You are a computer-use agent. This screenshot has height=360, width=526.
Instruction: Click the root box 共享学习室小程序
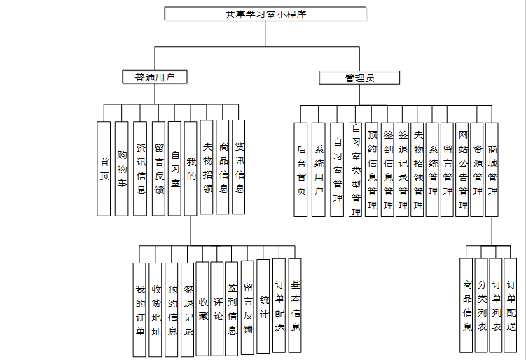tap(265, 14)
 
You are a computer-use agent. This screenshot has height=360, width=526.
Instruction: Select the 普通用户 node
tap(155, 77)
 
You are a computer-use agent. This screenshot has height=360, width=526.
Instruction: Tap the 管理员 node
tap(359, 78)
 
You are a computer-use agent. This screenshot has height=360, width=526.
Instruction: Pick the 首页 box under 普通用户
tap(104, 168)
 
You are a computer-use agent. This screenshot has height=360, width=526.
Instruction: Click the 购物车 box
tap(122, 168)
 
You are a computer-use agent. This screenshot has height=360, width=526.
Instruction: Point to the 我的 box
tap(191, 168)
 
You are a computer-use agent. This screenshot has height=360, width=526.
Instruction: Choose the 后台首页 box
tap(301, 169)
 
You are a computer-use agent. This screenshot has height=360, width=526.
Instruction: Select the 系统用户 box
tap(319, 169)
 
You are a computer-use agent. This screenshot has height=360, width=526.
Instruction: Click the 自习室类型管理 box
tap(356, 169)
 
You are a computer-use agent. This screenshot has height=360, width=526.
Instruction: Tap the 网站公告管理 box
tap(462, 169)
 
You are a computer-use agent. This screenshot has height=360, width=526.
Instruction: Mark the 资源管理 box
tap(478, 169)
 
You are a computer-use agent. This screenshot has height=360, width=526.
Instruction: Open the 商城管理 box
tap(492, 169)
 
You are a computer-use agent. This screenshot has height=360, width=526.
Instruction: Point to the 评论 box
tap(217, 308)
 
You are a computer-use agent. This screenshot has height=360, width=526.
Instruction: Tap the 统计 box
tap(263, 305)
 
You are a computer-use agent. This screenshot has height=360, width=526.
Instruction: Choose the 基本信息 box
tap(295, 305)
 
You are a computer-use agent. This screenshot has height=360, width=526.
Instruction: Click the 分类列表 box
tap(481, 305)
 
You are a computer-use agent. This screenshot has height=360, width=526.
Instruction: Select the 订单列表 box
tap(496, 305)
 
